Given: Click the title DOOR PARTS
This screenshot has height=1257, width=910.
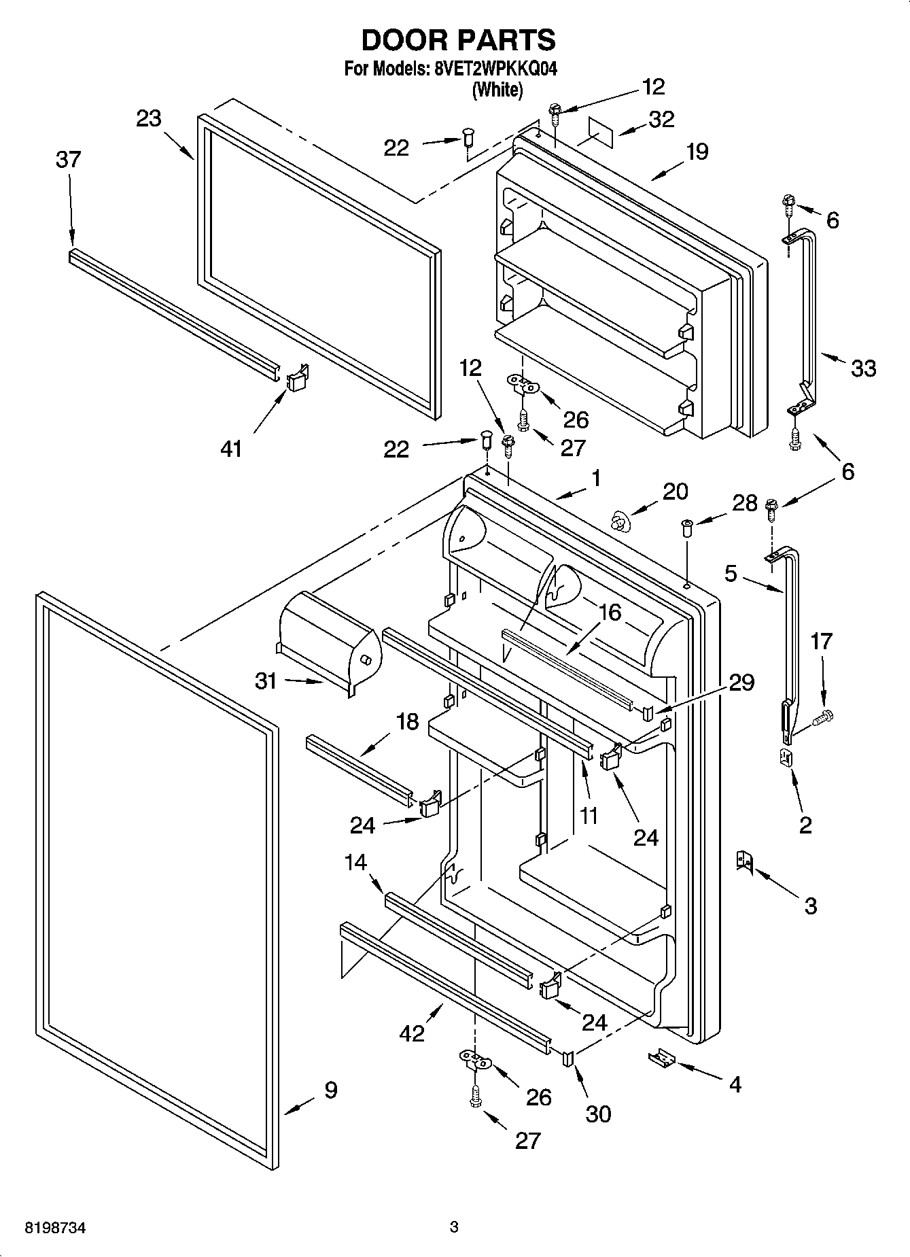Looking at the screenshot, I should pyautogui.click(x=458, y=40).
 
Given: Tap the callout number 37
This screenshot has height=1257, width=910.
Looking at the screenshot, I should pyautogui.click(x=68, y=160).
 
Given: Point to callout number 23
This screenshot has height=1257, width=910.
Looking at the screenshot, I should pyautogui.click(x=149, y=119).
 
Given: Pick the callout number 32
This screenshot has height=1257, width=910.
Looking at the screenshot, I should pyautogui.click(x=661, y=119).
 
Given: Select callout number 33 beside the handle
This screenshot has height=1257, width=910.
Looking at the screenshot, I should pyautogui.click(x=863, y=368).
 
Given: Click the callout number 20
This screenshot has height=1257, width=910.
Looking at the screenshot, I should pyautogui.click(x=675, y=492).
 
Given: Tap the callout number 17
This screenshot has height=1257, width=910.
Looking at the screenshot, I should pyautogui.click(x=821, y=641).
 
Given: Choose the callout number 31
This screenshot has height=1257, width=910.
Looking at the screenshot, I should pyautogui.click(x=266, y=681).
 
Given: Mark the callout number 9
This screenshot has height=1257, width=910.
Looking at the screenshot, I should pyautogui.click(x=330, y=1090).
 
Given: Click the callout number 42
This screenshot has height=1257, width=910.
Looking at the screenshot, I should pyautogui.click(x=413, y=1033).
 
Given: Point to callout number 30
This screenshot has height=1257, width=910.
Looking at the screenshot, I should pyautogui.click(x=598, y=1114).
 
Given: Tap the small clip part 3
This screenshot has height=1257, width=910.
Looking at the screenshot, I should pyautogui.click(x=744, y=862).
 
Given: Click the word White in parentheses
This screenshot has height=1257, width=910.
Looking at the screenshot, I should pyautogui.click(x=497, y=90).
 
